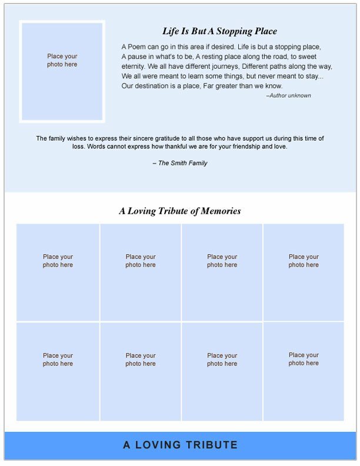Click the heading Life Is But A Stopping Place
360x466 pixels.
[x=219, y=31]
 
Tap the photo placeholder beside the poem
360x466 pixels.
[x=62, y=71]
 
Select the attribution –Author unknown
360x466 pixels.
[x=288, y=95]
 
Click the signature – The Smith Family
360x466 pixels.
[x=180, y=163]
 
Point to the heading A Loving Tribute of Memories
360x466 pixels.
[x=180, y=211]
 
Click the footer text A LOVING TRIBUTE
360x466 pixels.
[x=180, y=445]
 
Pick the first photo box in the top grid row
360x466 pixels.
[x=58, y=272]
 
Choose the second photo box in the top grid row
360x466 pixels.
[x=141, y=272]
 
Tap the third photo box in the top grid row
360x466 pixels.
[x=222, y=272]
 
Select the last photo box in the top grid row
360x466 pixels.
[x=304, y=272]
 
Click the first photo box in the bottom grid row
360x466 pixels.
[x=58, y=371]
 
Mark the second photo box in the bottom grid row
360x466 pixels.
[x=141, y=371]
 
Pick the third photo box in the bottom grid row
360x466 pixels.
[x=222, y=371]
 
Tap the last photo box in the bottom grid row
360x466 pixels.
[x=304, y=371]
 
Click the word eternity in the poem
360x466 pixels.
[x=134, y=66]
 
